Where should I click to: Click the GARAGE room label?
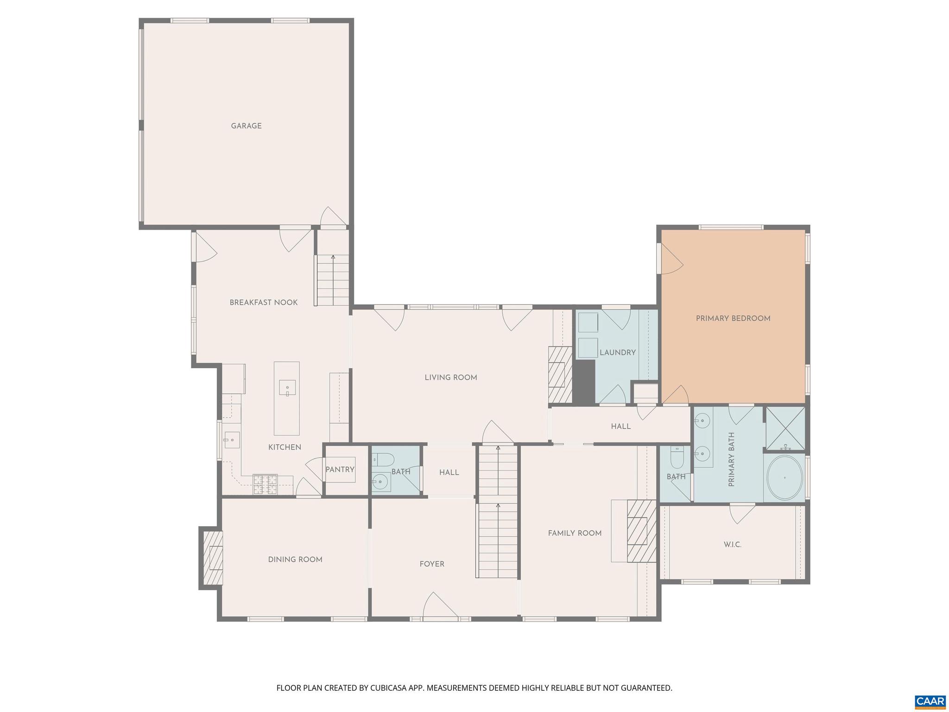click(246, 126)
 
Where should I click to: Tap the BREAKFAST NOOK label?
click(264, 303)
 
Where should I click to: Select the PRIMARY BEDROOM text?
click(733, 318)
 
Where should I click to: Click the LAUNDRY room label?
click(617, 353)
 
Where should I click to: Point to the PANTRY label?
click(340, 470)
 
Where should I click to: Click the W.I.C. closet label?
click(732, 545)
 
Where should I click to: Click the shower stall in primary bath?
click(785, 428)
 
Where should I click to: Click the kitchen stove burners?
click(265, 484)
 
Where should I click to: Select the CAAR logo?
click(930, 701)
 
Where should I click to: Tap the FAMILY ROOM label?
click(575, 534)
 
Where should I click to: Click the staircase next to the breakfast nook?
click(332, 280)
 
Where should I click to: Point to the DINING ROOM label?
click(295, 560)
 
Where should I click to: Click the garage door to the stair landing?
click(333, 218)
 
